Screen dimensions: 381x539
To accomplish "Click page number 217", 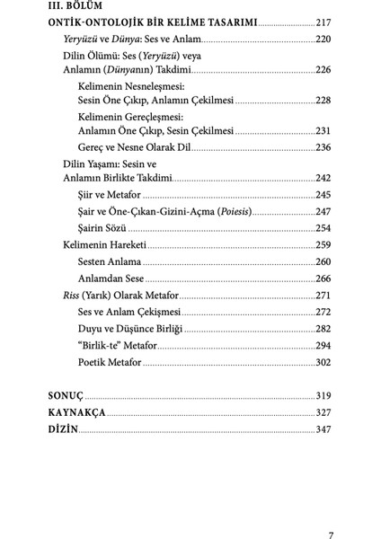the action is (x=319, y=24).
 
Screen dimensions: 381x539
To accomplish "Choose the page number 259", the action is (x=323, y=244).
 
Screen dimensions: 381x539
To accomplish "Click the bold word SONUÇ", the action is (x=65, y=395).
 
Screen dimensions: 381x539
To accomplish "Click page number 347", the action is (x=323, y=429).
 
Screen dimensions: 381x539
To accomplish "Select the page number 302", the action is (x=323, y=363).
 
